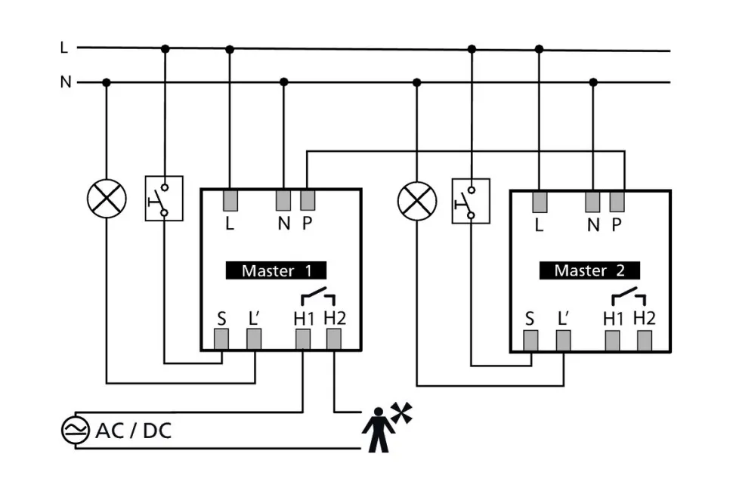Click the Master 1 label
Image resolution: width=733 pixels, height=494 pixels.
coord(276,270)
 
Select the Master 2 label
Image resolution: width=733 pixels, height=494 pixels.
coord(589,270)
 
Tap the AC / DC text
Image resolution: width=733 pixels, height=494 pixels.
coord(133,431)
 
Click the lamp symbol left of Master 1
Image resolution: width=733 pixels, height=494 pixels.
coord(106,199)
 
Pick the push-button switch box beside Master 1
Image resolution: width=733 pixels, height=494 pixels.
coord(164,199)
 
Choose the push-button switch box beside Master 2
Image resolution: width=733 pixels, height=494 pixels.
coord(470,200)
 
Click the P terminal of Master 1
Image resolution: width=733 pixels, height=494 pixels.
coord(308,200)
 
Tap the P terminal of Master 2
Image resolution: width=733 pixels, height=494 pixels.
coord(617,201)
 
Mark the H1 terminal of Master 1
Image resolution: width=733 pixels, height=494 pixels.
coord(303,339)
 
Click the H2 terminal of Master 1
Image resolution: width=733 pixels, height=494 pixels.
coord(334,339)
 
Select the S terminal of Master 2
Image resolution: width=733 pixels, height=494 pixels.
coord(531,341)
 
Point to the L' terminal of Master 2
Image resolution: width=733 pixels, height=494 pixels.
coord(563,341)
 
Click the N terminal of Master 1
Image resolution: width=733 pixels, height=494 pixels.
coord(283,200)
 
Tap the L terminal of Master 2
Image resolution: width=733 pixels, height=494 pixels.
coord(539,201)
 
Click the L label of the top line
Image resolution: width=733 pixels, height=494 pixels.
coord(64,48)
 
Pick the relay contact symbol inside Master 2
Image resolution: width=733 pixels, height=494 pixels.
coord(629,292)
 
